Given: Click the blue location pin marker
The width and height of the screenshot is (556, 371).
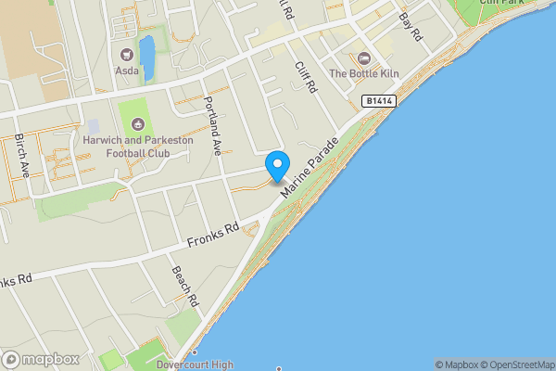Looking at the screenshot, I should tap(276, 165).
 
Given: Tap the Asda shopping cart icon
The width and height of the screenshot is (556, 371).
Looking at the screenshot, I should tap(127, 54).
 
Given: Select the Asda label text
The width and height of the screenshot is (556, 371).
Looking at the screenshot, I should tap(127, 70).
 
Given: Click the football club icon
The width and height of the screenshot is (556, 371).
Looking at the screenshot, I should tap(138, 123).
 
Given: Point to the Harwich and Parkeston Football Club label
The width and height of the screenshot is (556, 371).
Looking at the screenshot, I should tap(137, 146).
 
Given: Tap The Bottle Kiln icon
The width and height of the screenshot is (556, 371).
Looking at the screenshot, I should tap(363, 58).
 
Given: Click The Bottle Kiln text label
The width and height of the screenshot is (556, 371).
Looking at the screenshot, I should tap(363, 73).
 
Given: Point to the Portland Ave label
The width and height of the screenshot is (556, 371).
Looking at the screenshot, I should tap(214, 125).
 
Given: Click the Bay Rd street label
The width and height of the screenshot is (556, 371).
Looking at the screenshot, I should tap(411, 25).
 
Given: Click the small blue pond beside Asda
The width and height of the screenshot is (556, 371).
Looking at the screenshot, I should tap(146, 51).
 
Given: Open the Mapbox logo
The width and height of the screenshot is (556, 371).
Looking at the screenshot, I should tap(41, 360).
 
